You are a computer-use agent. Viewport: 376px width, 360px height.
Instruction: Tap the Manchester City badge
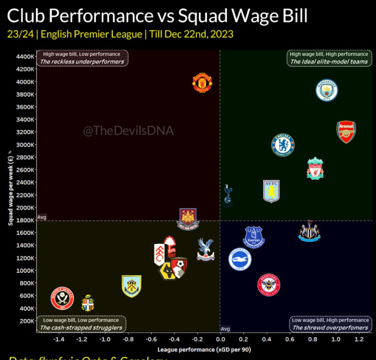327,91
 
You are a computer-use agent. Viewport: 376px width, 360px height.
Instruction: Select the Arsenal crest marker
346,132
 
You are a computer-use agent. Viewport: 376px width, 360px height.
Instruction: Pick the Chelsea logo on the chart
283,145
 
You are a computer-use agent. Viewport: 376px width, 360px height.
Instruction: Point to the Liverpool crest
315,168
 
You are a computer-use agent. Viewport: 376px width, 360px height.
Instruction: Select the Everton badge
254,236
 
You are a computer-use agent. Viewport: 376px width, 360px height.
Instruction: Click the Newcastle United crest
309,231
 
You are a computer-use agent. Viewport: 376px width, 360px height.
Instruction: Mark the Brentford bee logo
269,285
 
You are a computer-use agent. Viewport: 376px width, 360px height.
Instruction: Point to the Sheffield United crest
62,298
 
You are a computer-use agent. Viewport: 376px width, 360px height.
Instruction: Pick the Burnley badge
131,286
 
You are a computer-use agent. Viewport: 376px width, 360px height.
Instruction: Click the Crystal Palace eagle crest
205,249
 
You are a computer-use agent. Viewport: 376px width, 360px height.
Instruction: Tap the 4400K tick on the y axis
25,56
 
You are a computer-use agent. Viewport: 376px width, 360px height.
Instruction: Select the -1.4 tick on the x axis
59,339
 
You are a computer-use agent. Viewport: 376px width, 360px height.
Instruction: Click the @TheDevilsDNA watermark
128,131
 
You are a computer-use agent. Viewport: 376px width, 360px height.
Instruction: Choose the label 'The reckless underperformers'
83,62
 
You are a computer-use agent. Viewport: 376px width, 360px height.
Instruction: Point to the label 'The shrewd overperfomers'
330,328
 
